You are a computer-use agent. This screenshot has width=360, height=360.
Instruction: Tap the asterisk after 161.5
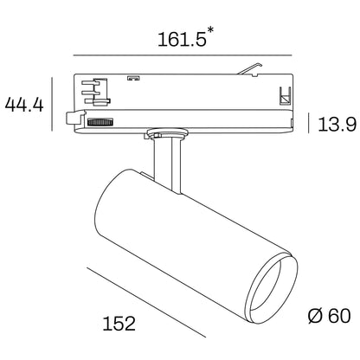click(x=212, y=31)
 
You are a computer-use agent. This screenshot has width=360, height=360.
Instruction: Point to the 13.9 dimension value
click(x=336, y=124)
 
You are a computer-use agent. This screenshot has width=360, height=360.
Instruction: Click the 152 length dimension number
click(x=118, y=324)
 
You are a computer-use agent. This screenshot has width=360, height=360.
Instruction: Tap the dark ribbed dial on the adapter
click(x=102, y=123)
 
